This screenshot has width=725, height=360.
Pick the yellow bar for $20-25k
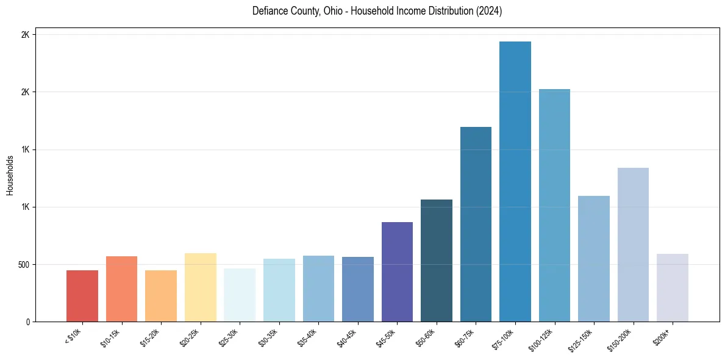[x=201, y=287]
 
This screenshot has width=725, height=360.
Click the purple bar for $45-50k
[x=397, y=272]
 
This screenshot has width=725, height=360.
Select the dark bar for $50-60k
[x=437, y=261]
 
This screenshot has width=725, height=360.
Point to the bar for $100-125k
[x=554, y=205]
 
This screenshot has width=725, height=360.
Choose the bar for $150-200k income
[x=633, y=245]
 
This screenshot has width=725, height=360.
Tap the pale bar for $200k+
[x=673, y=287]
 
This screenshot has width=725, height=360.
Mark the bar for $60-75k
[x=476, y=224]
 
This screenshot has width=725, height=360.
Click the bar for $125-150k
[x=594, y=259]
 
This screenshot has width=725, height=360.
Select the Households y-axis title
[x=10, y=175]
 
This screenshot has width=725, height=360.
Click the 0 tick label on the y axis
[x=28, y=322]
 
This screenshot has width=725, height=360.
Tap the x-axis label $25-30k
[x=228, y=337]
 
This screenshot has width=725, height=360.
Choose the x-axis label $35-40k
[x=307, y=337]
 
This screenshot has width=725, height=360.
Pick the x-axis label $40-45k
[x=346, y=337]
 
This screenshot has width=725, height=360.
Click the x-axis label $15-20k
[x=149, y=337]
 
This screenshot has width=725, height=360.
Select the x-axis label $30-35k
[x=268, y=337]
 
